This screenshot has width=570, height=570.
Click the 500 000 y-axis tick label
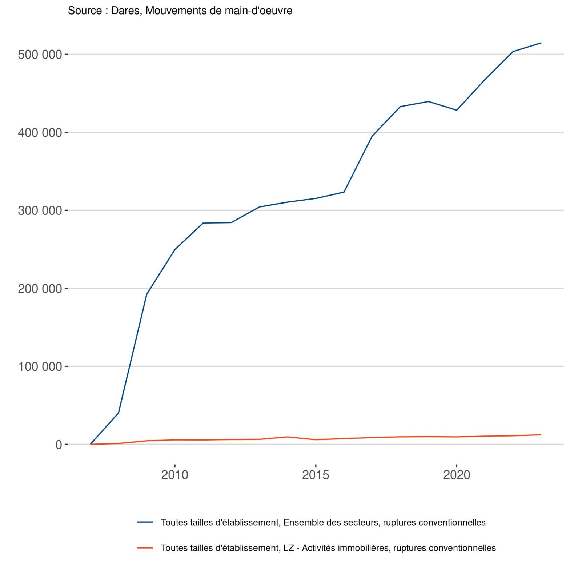[x=40, y=55]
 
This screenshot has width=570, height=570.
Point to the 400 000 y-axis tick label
[x=40, y=133]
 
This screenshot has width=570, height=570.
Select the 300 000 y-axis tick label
[x=40, y=210]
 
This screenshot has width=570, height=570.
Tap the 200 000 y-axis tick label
[x=40, y=289]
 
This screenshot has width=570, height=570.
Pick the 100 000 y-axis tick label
[x=40, y=366]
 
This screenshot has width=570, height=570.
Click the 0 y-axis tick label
[x=59, y=445]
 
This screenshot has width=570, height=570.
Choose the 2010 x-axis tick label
[x=174, y=475]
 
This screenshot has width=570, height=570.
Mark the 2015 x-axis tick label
[x=316, y=475]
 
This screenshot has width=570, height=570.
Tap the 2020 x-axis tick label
[x=457, y=475]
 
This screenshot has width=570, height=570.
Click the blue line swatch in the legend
[x=145, y=522]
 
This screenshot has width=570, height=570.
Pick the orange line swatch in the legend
[x=145, y=548]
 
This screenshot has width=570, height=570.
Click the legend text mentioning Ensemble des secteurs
[x=323, y=522]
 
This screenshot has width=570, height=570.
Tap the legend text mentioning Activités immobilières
[x=328, y=548]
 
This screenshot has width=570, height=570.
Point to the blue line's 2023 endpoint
[x=541, y=43]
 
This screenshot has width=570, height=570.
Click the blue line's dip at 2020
[x=457, y=110]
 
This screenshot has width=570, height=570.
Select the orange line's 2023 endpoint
[x=541, y=435]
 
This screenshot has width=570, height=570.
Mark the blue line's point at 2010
[x=175, y=249]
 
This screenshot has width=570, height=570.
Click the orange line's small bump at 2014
[x=288, y=437]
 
